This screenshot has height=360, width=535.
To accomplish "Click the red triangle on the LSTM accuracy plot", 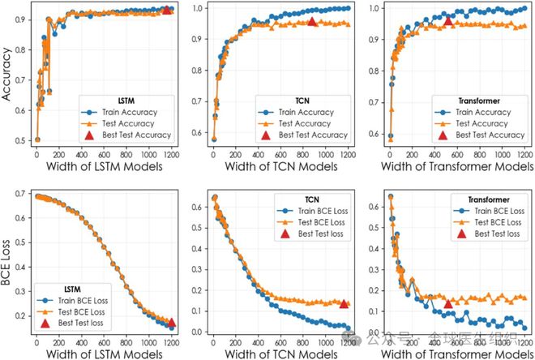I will tap(167, 10).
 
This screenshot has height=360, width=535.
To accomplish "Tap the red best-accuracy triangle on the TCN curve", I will tap(312, 21).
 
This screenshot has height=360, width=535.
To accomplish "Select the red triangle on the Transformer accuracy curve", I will tap(448, 21).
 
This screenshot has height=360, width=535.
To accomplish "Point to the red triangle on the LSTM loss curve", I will tap(169, 322).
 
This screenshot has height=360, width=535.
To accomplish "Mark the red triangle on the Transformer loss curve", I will tap(448, 304).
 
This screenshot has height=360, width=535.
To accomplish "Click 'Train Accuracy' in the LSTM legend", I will tap(131, 112).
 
